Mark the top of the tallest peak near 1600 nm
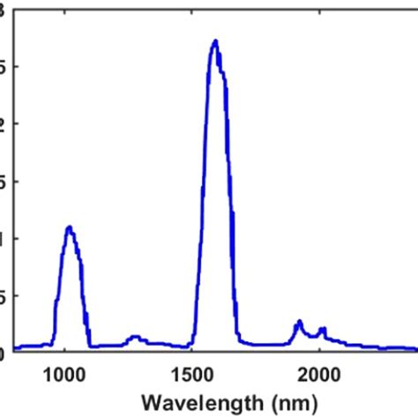click(214, 41)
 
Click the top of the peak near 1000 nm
click(69, 228)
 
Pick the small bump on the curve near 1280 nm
click(135, 336)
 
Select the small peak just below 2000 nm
click(299, 322)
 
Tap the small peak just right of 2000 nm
click(323, 329)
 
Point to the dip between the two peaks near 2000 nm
click(311, 335)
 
